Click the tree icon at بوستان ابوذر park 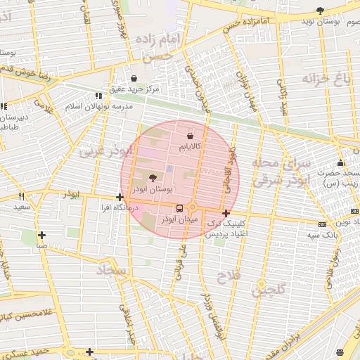153,177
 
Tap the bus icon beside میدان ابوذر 179,208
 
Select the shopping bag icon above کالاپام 190,134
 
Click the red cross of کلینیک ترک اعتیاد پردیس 226,213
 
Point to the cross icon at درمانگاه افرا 120,198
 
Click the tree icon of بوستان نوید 321,11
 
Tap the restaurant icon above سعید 22,197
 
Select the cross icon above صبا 42,235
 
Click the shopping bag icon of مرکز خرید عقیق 134,78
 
